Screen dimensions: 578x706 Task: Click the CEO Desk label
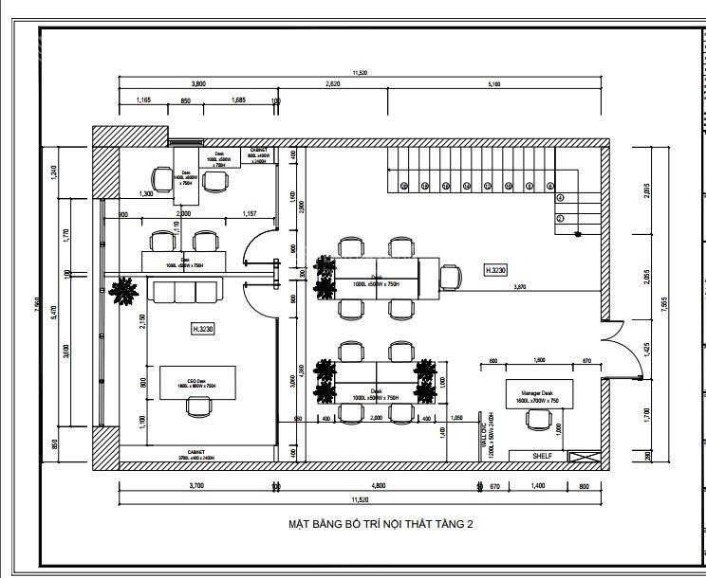point(197,383)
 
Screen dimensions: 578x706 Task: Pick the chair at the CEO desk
point(198,406)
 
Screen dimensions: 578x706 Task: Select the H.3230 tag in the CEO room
point(203,329)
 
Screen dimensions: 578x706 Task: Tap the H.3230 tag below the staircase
point(496,270)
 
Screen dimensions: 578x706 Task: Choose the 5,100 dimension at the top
point(493,84)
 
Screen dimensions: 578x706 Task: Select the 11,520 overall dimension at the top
point(360,72)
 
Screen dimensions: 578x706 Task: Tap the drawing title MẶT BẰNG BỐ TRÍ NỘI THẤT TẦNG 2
point(380,523)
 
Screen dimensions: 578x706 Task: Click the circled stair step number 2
point(560,219)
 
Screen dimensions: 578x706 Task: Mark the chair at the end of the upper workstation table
point(451,277)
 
